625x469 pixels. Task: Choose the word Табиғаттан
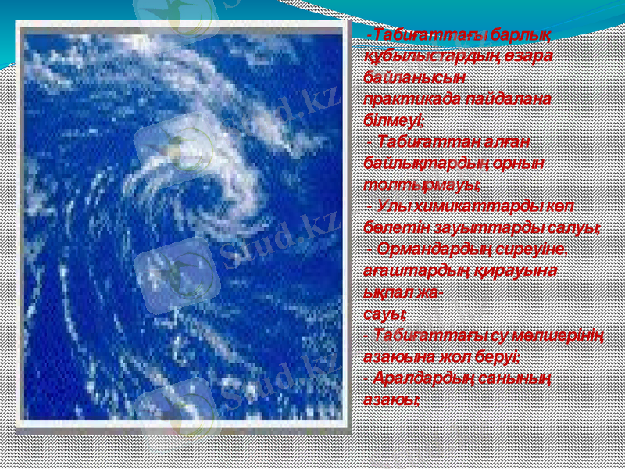pyautogui.click(x=420, y=141)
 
